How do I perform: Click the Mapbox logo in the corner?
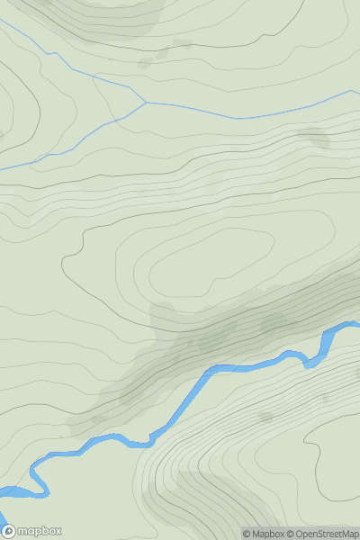pyautogui.click(x=32, y=531)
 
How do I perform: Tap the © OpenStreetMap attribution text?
pyautogui.click(x=319, y=534)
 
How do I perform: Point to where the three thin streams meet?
pyautogui.click(x=146, y=103)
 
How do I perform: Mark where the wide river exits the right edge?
pyautogui.click(x=356, y=325)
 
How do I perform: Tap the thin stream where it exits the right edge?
pyautogui.click(x=356, y=91)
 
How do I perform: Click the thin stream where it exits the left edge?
pyautogui.click(x=3, y=168)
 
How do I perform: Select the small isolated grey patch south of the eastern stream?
pyautogui.click(x=314, y=137)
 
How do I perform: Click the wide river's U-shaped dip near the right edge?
pyautogui.click(x=311, y=363)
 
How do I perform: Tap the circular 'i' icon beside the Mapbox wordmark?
pyautogui.click(x=8, y=531)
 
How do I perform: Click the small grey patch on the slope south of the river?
pyautogui.click(x=265, y=417)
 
